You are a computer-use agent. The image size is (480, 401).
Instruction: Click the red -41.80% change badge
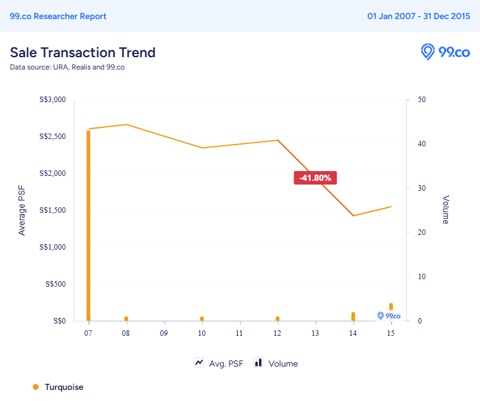click(x=316, y=178)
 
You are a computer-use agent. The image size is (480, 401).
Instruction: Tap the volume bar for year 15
click(x=391, y=307)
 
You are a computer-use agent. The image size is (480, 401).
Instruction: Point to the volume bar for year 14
click(x=353, y=316)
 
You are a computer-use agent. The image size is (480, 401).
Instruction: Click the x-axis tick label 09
click(x=164, y=333)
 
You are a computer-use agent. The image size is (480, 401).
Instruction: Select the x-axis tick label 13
click(x=315, y=333)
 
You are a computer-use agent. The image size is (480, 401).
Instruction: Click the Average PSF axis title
click(x=22, y=210)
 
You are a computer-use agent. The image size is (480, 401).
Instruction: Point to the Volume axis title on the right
click(x=446, y=210)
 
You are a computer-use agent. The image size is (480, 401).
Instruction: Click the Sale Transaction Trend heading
click(x=82, y=52)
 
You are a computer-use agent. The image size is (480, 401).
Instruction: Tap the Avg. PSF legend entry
click(x=219, y=363)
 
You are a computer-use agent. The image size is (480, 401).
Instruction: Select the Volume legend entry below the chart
click(x=276, y=363)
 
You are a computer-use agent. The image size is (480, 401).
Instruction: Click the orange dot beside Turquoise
click(x=36, y=387)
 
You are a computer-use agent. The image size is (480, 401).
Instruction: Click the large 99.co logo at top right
click(x=445, y=52)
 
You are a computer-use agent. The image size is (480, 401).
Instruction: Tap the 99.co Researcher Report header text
click(x=58, y=16)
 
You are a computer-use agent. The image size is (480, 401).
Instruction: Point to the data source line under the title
click(x=67, y=67)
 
